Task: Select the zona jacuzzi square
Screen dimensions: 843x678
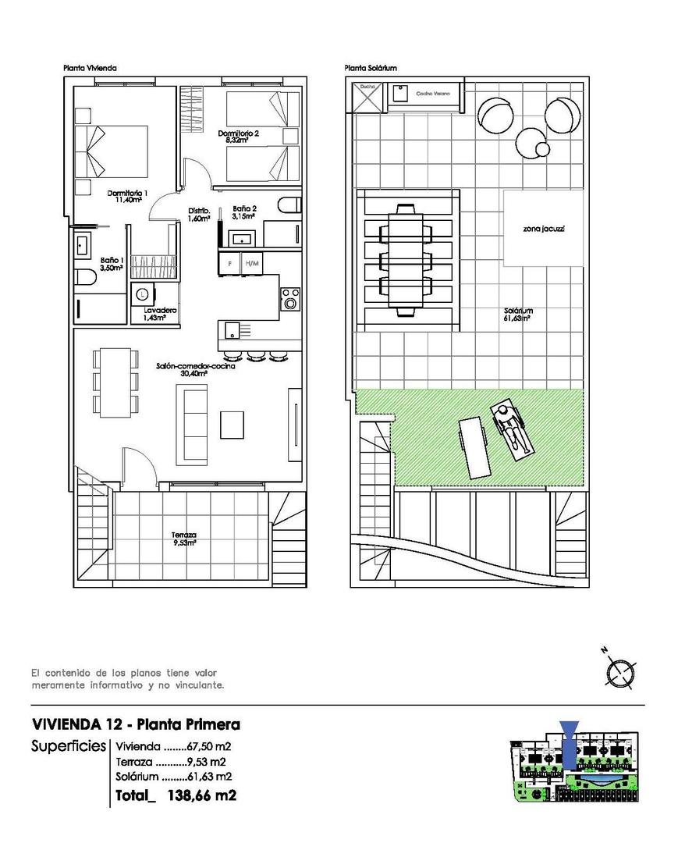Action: (x=544, y=229)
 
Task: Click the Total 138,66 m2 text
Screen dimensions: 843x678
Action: (x=175, y=795)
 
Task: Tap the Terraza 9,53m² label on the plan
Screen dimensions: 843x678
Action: (x=184, y=539)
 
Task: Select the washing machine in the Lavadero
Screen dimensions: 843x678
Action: (x=143, y=295)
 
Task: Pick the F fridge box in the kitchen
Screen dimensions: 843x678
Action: (x=229, y=263)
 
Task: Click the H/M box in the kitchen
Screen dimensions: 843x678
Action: (x=251, y=263)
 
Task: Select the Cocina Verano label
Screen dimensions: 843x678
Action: (x=428, y=92)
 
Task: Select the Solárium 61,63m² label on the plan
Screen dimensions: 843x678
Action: (x=518, y=314)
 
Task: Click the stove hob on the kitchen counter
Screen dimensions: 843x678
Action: (x=290, y=299)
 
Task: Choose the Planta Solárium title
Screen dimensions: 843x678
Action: (x=371, y=69)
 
